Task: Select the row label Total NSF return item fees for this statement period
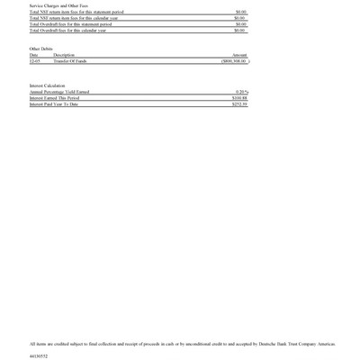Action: click(76, 12)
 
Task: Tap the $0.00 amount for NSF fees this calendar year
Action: click(239, 18)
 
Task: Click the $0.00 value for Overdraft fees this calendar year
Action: click(239, 31)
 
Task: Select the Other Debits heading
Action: click(41, 49)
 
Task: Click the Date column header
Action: click(34, 55)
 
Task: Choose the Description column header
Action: click(64, 55)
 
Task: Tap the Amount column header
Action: click(239, 55)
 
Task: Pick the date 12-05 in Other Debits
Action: click(35, 61)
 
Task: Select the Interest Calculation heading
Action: click(48, 85)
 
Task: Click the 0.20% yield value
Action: click(241, 92)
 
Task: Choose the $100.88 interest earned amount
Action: click(239, 98)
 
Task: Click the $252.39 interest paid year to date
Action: click(239, 104)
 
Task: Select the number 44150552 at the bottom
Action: click(39, 356)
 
